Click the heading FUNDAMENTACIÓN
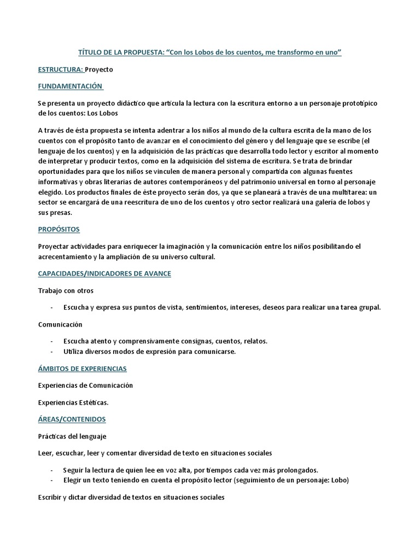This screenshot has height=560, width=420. tap(70, 86)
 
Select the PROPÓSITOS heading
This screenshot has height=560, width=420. tap(59, 229)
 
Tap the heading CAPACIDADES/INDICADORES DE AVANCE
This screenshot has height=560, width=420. tap(104, 273)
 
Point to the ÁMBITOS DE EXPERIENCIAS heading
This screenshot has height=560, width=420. tap(82, 369)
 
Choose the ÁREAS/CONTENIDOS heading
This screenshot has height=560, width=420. tap(72, 419)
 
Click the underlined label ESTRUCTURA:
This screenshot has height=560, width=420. tap(60, 69)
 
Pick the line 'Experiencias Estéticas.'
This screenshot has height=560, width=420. tap(73, 402)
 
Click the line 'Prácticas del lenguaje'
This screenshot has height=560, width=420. tap(72, 436)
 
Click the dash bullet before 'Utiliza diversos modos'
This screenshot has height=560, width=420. tap(51, 352)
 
